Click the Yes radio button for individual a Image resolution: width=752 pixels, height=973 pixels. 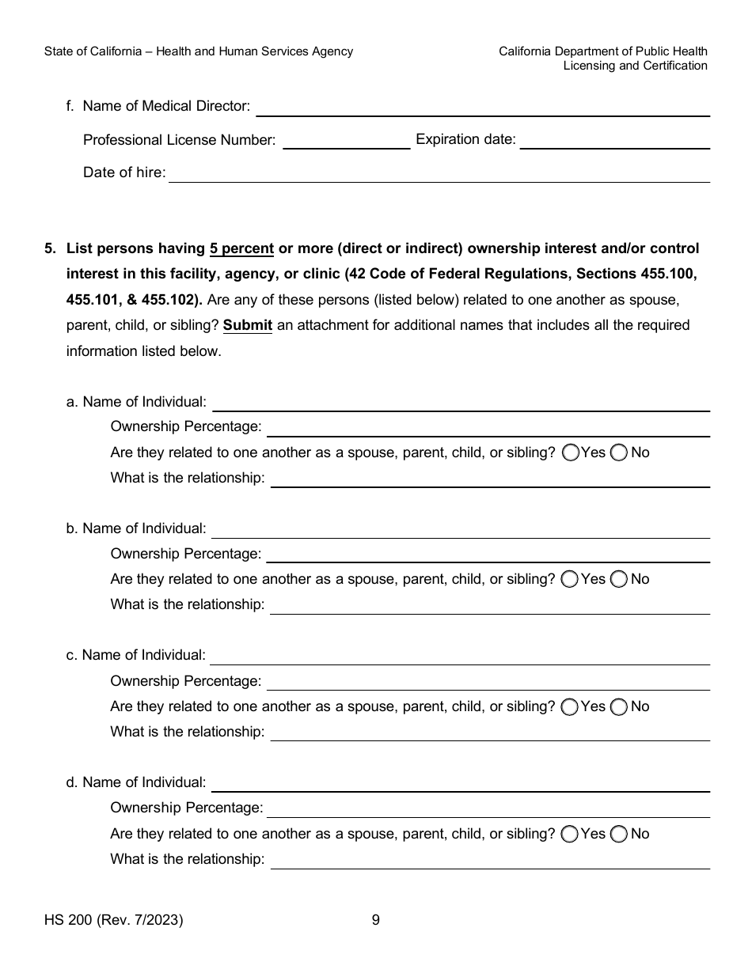click(x=571, y=452)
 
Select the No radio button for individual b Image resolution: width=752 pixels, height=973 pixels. click(x=618, y=579)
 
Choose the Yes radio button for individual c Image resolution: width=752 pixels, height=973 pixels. click(x=570, y=707)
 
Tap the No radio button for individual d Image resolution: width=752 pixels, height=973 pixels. click(x=619, y=834)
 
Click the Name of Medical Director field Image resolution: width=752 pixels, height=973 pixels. click(x=482, y=108)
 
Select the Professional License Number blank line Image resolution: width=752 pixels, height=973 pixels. click(x=346, y=141)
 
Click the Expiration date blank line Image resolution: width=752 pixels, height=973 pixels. click(x=614, y=141)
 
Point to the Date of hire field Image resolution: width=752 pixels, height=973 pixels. click(x=439, y=174)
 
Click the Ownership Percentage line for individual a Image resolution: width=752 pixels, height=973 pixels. click(x=488, y=428)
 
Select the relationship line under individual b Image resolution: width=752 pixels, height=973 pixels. click(x=490, y=606)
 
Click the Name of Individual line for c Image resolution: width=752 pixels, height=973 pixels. click(x=460, y=657)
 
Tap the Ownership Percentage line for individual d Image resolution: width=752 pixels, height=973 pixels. click(x=488, y=809)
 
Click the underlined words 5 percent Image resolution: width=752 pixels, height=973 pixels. click(x=241, y=248)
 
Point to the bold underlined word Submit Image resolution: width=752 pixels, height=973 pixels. click(x=248, y=325)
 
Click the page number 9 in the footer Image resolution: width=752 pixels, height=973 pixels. click(x=376, y=920)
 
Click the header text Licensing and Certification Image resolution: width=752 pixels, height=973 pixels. click(x=635, y=66)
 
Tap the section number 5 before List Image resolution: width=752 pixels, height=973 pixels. click(x=50, y=248)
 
